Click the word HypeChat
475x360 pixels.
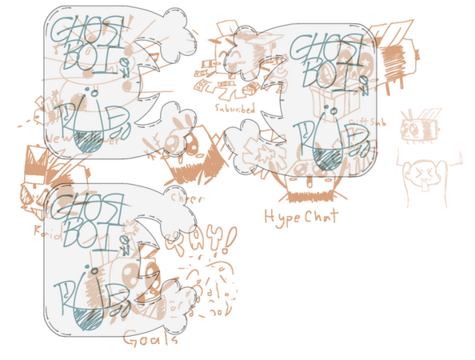click(x=301, y=216)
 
